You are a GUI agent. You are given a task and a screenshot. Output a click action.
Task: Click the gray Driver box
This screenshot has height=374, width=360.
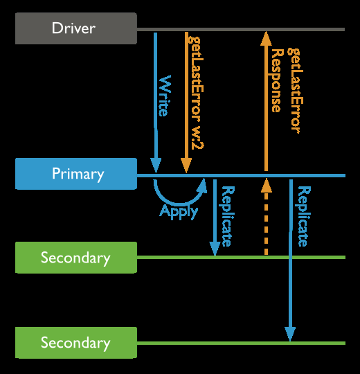76,28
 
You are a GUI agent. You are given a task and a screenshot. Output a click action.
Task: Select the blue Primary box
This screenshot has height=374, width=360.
76,174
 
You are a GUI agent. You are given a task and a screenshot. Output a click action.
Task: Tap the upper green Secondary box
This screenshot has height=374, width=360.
76,258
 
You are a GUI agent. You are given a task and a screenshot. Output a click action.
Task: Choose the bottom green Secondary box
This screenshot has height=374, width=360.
76,343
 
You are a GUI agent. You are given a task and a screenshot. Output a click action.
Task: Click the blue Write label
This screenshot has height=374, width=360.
165,96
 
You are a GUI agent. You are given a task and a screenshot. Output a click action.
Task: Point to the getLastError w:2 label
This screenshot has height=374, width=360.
196,93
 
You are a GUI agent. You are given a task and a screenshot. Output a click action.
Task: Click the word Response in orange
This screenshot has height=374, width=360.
278,80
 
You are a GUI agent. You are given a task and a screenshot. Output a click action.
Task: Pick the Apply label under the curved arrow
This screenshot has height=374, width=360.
179,212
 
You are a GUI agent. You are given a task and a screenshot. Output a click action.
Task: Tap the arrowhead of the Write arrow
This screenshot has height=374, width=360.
156,166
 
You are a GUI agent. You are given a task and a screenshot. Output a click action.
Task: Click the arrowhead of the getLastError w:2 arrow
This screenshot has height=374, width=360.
186,166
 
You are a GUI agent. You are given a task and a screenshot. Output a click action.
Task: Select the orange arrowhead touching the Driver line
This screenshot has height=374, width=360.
266,39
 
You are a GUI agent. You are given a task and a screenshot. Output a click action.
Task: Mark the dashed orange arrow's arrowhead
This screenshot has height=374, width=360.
267,186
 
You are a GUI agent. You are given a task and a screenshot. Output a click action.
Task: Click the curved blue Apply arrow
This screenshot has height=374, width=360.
178,202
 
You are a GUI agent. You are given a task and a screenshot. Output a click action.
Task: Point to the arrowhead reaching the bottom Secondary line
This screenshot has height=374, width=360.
290,334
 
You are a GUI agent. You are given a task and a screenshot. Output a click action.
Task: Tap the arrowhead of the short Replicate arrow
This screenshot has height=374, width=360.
215,249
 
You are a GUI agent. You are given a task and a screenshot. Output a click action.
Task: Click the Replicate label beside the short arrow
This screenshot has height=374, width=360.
228,216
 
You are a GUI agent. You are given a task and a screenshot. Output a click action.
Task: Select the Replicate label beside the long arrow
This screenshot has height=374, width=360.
304,216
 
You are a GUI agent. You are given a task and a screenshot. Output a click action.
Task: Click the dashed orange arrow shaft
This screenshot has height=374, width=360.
267,224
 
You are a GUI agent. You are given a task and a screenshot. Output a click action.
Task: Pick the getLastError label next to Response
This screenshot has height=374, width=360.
296,90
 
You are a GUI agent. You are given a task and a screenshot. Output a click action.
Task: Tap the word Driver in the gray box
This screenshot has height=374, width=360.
73,28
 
